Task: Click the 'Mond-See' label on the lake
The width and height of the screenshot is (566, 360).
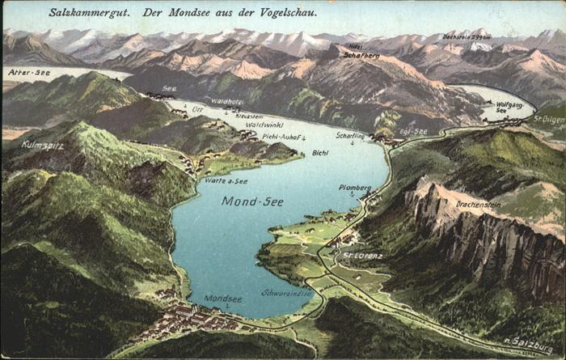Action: [252, 201]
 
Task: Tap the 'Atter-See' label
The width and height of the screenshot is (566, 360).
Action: [29, 73]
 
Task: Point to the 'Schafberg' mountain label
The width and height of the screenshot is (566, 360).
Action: [361, 55]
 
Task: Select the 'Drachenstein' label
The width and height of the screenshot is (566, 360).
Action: [478, 205]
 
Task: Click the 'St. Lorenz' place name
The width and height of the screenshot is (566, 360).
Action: [362, 256]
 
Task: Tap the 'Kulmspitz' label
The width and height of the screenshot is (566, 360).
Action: [41, 146]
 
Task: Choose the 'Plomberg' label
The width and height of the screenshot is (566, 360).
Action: [355, 188]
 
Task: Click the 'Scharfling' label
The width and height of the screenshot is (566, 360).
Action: [350, 136]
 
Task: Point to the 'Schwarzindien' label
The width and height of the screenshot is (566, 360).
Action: [286, 293]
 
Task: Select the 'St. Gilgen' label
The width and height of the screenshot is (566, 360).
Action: [549, 118]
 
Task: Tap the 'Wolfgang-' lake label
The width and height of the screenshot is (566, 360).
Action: [509, 105]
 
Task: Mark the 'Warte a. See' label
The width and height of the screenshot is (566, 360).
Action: [226, 181]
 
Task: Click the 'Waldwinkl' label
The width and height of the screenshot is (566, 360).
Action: [264, 125]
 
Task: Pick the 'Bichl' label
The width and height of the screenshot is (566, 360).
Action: [320, 153]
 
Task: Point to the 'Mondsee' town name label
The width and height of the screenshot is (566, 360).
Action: [222, 299]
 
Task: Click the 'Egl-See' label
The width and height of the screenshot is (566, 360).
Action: [413, 131]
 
